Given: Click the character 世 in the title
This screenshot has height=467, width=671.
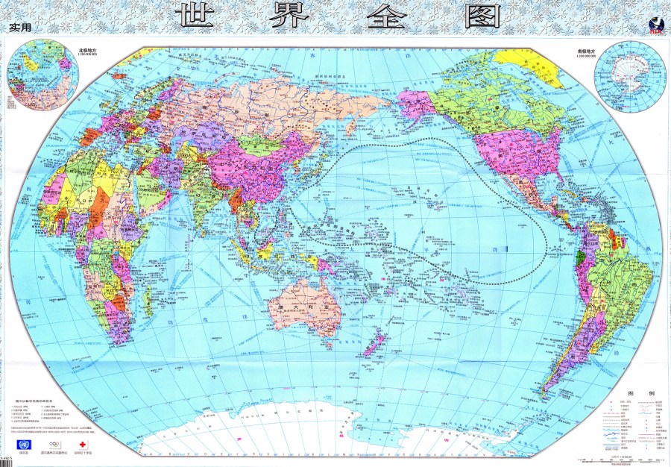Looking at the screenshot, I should point(195,17).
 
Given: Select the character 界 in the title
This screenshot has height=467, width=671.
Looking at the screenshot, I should point(285,17).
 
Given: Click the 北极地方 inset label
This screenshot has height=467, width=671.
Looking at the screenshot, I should point(89,51).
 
